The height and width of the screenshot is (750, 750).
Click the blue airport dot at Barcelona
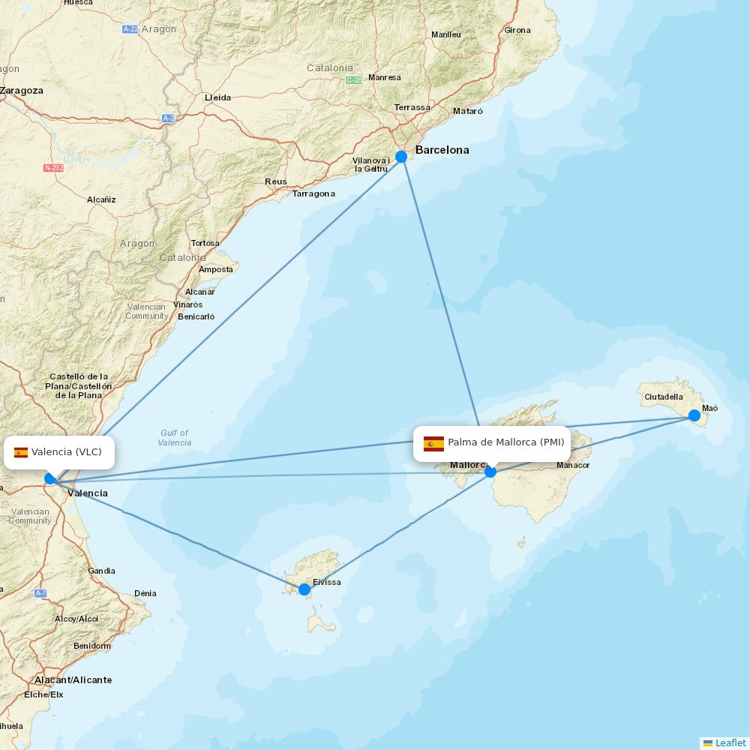(x=401, y=156)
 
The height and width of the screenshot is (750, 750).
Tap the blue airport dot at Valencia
(x=50, y=478)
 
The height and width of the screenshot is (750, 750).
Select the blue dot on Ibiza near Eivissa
(x=304, y=589)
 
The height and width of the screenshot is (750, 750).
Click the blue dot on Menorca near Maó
(x=694, y=415)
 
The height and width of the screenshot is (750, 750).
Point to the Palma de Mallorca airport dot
(x=490, y=472)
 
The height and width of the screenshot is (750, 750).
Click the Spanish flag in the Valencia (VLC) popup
(x=21, y=452)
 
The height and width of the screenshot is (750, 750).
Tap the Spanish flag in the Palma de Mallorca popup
(x=433, y=443)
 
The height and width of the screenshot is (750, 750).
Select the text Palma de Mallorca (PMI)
(x=505, y=442)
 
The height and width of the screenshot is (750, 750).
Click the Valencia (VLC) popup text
(x=66, y=451)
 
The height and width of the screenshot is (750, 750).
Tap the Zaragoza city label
(x=22, y=91)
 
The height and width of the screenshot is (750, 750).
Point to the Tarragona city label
(x=313, y=193)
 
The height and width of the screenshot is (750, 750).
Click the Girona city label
(x=517, y=31)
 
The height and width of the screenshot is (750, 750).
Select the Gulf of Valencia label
(x=174, y=437)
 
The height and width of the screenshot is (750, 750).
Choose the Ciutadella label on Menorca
(x=664, y=397)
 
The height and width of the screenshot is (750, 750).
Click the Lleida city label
(x=217, y=97)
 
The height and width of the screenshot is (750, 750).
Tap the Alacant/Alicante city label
(x=73, y=680)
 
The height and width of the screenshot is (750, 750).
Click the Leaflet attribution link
(x=730, y=742)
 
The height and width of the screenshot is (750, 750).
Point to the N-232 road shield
(x=53, y=168)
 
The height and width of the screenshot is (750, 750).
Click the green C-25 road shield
(x=354, y=79)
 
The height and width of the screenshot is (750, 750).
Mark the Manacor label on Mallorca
(x=573, y=465)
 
